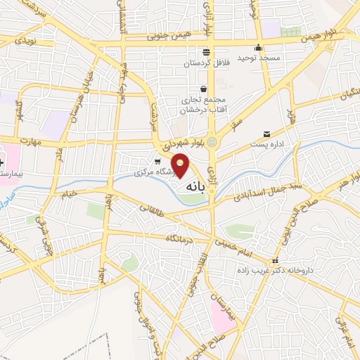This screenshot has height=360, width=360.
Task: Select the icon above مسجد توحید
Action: (x=259, y=48)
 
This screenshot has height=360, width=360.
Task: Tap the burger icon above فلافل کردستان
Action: (x=205, y=52)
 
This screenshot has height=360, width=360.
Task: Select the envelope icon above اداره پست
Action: (x=266, y=134)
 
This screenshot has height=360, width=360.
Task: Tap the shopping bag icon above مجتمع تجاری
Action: (x=204, y=89)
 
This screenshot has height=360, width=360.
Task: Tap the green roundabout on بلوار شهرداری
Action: (x=212, y=143)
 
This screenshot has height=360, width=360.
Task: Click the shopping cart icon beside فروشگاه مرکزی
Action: (x=157, y=161)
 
